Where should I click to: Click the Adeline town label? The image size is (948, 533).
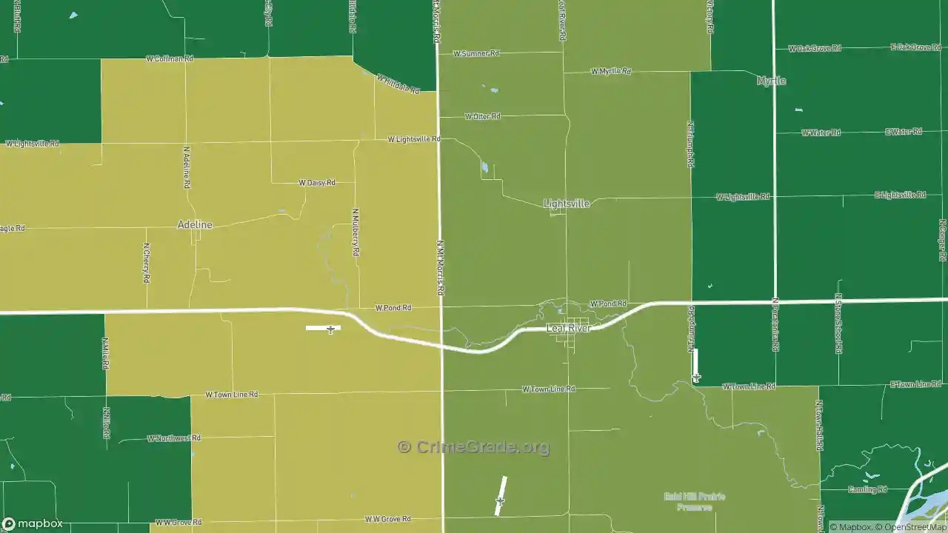tap(195, 225)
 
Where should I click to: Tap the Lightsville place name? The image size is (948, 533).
tap(567, 204)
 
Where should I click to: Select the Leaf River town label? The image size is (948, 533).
tap(568, 328)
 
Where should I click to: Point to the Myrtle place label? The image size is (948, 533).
tap(771, 81)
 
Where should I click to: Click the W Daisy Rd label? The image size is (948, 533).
tap(317, 182)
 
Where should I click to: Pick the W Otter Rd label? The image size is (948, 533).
tap(482, 116)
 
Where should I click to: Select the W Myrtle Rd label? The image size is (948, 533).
tap(611, 71)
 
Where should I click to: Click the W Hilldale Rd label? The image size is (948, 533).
tap(398, 84)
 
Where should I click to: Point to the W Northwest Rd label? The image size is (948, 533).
tap(173, 438)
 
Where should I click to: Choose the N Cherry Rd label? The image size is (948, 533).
tap(147, 263)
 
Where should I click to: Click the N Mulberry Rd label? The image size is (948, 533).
tap(356, 232)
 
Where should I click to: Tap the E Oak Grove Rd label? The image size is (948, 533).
tap(915, 47)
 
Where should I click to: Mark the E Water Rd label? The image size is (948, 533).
tap(904, 132)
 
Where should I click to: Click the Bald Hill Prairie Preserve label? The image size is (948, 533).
tap(694, 502)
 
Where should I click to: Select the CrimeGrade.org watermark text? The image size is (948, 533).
tap(474, 447)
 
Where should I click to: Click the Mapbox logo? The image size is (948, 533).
tap(32, 523)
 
